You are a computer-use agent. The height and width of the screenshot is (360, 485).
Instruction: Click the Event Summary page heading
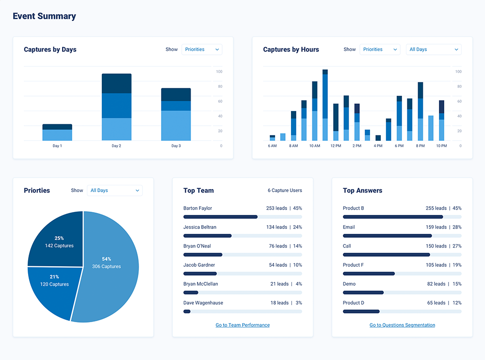tap(44, 16)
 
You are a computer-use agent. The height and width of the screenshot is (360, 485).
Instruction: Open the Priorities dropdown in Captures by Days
tap(202, 49)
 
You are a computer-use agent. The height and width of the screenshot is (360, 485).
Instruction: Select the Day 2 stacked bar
tap(116, 107)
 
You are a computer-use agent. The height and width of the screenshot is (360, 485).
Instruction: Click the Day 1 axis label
tap(57, 146)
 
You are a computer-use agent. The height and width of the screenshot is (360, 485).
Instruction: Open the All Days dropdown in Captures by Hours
tap(433, 49)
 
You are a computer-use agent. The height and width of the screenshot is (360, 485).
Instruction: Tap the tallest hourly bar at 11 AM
tap(325, 105)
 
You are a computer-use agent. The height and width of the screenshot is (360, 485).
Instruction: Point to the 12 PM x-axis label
tap(336, 146)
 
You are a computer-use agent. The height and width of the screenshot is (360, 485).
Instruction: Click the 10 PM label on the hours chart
tap(441, 146)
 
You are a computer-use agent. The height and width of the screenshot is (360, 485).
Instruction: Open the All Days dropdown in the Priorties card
tap(114, 191)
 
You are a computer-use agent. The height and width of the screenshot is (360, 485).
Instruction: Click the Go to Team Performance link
tap(242, 325)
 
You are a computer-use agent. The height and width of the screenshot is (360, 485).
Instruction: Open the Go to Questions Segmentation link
tap(402, 325)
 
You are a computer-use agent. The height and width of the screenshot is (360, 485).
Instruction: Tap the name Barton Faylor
tap(197, 208)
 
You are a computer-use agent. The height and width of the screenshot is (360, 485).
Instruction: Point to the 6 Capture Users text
tap(285, 191)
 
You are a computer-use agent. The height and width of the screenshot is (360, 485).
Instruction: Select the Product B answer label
tap(354, 208)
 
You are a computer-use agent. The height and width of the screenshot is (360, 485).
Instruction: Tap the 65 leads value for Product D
tap(436, 303)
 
